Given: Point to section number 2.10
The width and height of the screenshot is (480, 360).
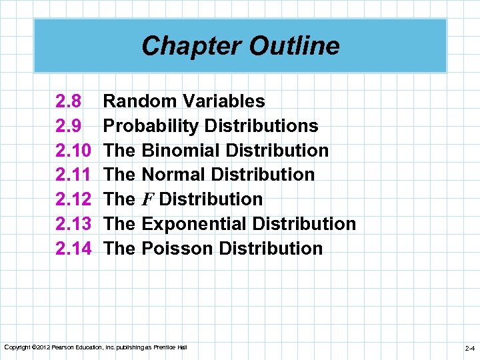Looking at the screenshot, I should point(73,151).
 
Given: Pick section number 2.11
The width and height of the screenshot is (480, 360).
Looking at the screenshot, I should point(73,175).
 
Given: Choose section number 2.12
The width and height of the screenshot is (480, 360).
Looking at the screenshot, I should point(73,199).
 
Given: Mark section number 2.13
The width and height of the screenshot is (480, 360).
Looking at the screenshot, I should point(73,224).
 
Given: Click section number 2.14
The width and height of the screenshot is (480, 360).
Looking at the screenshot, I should point(73,249).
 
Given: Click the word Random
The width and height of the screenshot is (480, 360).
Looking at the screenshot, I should point(141,101).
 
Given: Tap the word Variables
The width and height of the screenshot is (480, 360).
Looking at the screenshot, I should point(223,101).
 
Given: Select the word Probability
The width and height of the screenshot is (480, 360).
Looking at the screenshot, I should point(153,126).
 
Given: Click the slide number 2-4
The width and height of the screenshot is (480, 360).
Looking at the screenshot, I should point(469,348).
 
